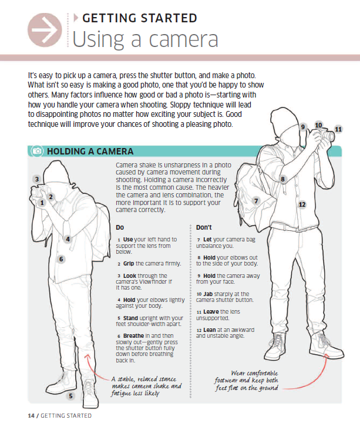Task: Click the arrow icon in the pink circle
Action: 45,30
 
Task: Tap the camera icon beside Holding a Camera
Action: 37,151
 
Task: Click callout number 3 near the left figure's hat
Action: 37,179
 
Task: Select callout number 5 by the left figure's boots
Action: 70,396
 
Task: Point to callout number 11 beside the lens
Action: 338,129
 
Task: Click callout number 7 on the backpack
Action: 256,201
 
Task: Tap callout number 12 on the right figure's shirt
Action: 302,204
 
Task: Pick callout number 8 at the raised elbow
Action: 282,179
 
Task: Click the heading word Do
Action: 120,227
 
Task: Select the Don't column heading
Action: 204,227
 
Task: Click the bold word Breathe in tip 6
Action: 133,335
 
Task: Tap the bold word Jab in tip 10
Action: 208,294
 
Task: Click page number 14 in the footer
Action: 31,416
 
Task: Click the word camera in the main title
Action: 183,39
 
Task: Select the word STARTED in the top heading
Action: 169,18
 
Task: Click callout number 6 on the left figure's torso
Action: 61,259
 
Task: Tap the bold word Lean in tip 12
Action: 210,330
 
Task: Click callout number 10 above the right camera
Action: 318,125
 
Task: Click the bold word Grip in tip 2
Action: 129,264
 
